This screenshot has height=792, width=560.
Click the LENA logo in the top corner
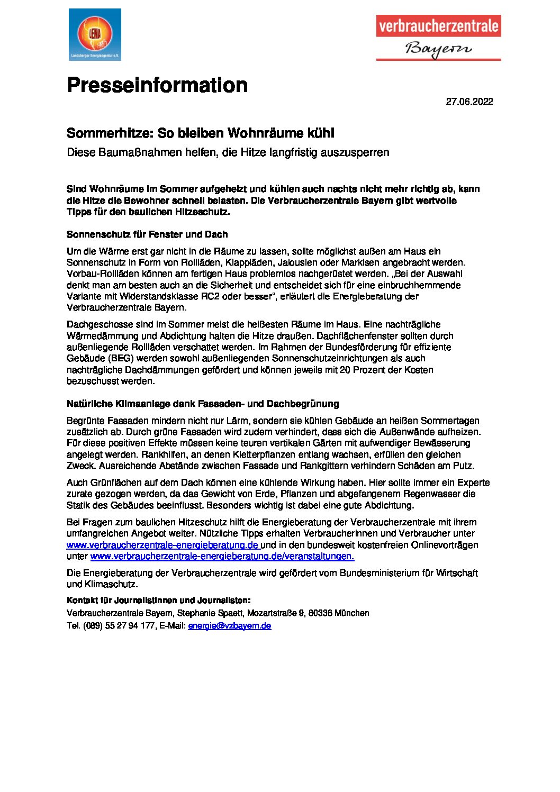tap(95, 34)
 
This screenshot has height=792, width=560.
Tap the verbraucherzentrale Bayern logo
tap(438, 38)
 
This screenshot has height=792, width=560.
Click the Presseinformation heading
tap(157, 85)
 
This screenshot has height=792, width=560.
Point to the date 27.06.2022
tap(469, 102)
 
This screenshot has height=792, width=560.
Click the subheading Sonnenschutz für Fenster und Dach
tap(147, 234)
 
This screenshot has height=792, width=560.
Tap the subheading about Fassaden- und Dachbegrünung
tap(203, 404)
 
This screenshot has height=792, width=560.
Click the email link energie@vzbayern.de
tap(230, 626)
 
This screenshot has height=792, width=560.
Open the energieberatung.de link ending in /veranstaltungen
tap(222, 557)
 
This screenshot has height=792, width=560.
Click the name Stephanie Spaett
tap(211, 613)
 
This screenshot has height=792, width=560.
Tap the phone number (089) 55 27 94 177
tap(119, 626)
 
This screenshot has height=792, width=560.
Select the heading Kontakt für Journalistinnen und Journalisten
tap(158, 600)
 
